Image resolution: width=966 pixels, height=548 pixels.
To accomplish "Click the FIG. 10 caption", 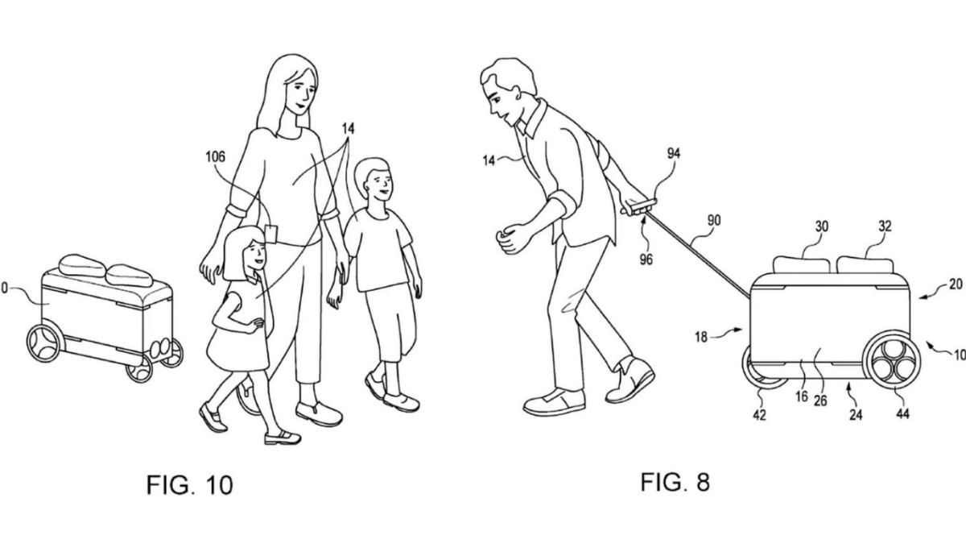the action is tap(190, 484).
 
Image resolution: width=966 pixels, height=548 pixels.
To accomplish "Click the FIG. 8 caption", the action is tap(675, 482).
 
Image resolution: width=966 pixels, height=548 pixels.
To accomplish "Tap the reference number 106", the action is tap(215, 156).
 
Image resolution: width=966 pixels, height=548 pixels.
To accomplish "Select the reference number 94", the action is tap(674, 153).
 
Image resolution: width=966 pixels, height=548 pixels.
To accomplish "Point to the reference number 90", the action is tap(714, 221).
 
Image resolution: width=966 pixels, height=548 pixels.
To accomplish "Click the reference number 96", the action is tap(646, 259).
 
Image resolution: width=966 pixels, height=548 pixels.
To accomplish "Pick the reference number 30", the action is tap(822, 226).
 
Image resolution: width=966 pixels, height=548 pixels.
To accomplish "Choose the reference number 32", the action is tap(885, 226).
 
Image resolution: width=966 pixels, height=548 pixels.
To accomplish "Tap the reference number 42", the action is tap(759, 415).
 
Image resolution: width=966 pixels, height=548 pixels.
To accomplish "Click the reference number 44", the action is tap(902, 414).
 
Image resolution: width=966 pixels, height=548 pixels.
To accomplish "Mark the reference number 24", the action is tap(856, 415).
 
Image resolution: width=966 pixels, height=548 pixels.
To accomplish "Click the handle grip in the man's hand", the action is tap(639, 206).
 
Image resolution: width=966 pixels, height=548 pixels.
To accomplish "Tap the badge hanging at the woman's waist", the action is tap(270, 234).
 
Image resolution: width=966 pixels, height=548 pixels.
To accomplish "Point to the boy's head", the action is tap(374, 180).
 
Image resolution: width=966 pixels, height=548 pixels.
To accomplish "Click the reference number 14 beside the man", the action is tap(489, 160).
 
